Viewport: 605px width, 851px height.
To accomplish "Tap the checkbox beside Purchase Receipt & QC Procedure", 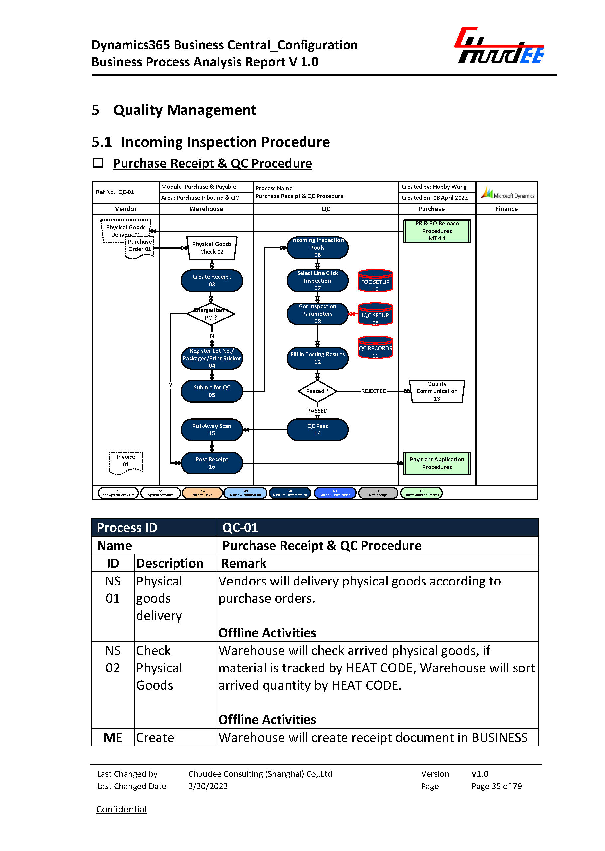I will pyautogui.click(x=98, y=163).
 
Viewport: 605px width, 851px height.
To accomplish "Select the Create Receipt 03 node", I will pyautogui.click(x=212, y=280).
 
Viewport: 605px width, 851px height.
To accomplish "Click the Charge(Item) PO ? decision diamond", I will pyautogui.click(x=211, y=314).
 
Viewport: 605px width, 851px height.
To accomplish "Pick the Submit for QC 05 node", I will pyautogui.click(x=212, y=391).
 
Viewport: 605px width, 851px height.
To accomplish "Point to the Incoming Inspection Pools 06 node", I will pyautogui.click(x=317, y=247).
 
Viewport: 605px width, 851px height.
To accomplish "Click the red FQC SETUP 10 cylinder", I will pyautogui.click(x=375, y=281).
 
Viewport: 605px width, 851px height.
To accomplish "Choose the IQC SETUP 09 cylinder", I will pyautogui.click(x=375, y=314).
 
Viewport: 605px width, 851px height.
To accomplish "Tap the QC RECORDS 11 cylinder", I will pyautogui.click(x=375, y=348).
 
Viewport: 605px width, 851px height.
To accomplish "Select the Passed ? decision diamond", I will pyautogui.click(x=317, y=391).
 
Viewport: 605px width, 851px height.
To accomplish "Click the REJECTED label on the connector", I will pyautogui.click(x=374, y=391).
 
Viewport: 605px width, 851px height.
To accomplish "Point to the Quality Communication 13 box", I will pyautogui.click(x=437, y=391).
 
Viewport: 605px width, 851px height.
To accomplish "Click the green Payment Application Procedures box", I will pyautogui.click(x=437, y=463).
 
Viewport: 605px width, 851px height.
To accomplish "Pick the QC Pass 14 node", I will pyautogui.click(x=317, y=429).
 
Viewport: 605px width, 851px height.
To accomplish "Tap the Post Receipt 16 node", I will pyautogui.click(x=212, y=463).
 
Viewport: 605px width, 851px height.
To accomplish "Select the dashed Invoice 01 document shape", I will pyautogui.click(x=126, y=462).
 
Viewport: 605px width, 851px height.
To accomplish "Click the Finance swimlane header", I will pyautogui.click(x=506, y=209).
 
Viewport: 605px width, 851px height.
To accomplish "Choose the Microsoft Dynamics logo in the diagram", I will pyautogui.click(x=507, y=193).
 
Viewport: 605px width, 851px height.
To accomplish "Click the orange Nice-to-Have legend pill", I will pyautogui.click(x=202, y=493).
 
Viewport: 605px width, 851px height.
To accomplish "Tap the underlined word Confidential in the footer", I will pyautogui.click(x=121, y=809).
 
